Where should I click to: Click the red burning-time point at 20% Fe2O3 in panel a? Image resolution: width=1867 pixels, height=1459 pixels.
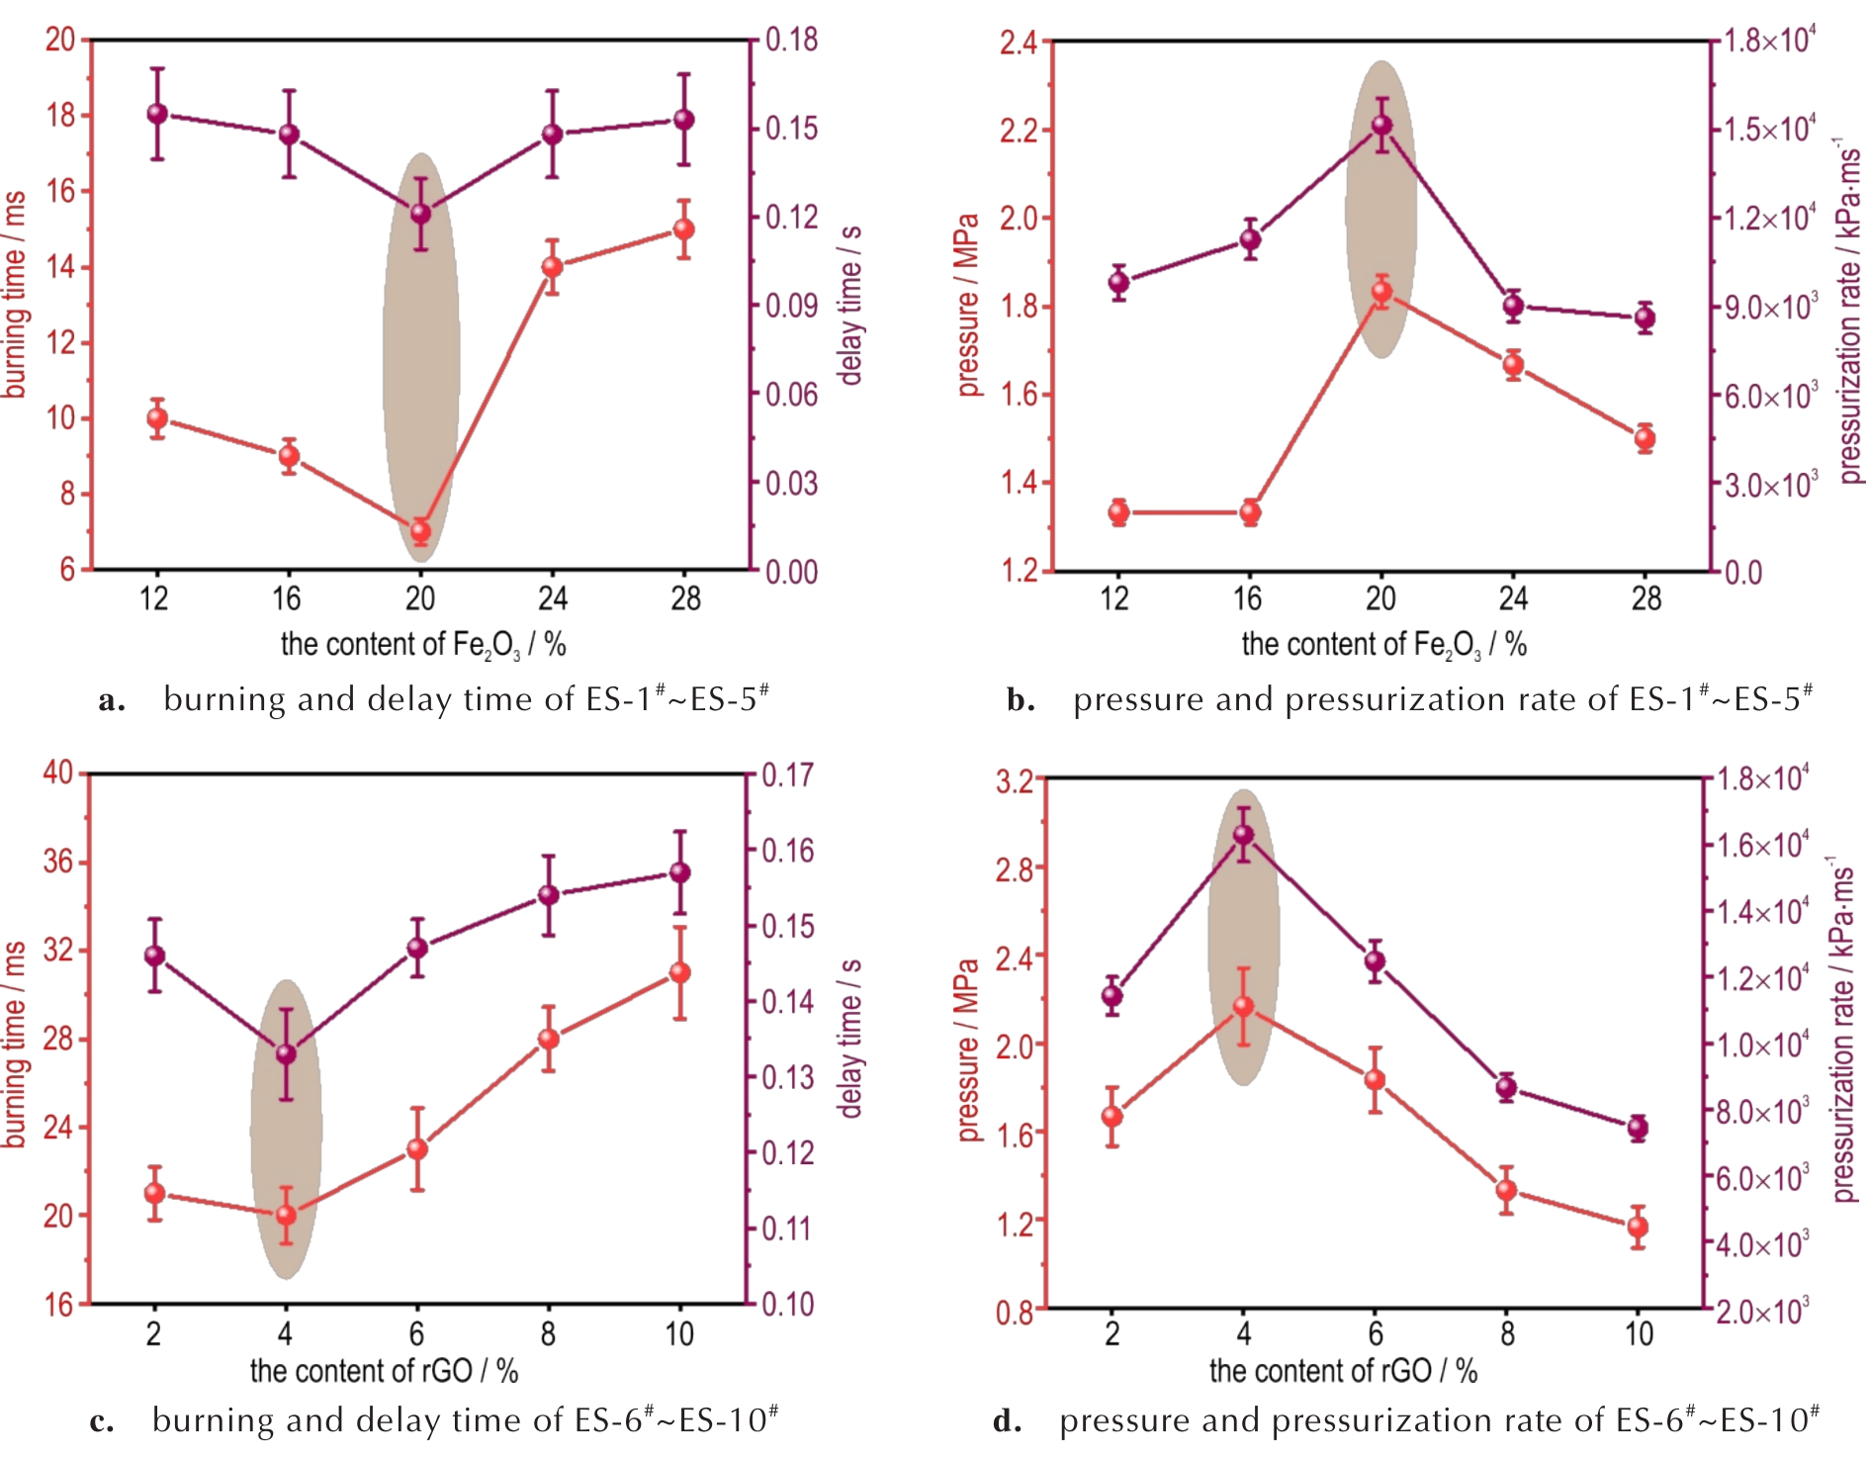pos(420,531)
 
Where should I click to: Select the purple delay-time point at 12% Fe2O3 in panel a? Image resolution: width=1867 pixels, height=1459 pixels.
pos(157,114)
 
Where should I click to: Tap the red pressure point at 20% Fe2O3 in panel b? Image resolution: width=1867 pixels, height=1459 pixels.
pos(1381,292)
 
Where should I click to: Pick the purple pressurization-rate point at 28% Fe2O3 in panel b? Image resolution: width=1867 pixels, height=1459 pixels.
pos(1645,319)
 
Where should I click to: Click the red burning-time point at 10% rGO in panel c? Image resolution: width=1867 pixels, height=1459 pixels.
pos(679,973)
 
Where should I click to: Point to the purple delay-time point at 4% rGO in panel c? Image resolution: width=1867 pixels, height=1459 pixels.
pos(286,1054)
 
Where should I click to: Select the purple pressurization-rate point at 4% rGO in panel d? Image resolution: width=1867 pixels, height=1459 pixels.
pos(1243,835)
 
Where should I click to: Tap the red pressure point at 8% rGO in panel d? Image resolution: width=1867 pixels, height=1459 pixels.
pos(1506,1190)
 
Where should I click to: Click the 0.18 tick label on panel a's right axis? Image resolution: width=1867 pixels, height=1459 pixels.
pos(791,40)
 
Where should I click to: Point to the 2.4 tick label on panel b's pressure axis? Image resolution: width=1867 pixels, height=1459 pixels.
pos(1018,43)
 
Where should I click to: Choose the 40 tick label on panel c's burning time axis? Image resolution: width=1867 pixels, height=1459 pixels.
pos(58,773)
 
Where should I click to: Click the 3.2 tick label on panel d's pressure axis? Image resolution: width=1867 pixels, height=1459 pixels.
pos(1015,781)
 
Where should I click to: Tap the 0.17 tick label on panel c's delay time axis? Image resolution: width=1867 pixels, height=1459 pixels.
pos(787,775)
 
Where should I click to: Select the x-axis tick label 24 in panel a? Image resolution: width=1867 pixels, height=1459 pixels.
pos(552,598)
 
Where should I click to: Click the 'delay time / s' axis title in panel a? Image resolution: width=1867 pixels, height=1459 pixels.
pos(850,305)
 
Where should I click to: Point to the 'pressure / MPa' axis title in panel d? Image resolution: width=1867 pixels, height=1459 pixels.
pos(967,1049)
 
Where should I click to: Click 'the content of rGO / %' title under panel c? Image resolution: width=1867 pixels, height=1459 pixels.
pos(384,1371)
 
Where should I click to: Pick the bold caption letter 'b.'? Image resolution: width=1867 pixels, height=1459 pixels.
pos(1021,700)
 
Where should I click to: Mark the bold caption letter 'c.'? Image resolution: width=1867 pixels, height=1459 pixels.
pos(102,1421)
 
